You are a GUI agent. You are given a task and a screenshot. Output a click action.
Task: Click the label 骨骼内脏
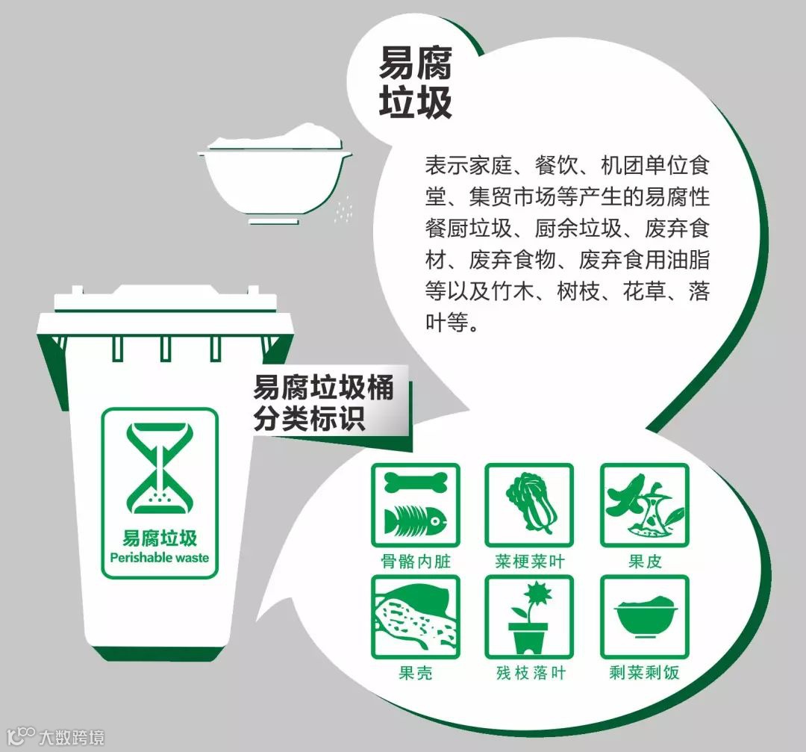(x=416, y=560)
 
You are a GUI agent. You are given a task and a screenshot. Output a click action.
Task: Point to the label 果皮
(x=645, y=560)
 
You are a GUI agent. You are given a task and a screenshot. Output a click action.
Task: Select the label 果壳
(x=416, y=672)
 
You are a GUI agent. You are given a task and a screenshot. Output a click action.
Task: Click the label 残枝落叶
(x=531, y=672)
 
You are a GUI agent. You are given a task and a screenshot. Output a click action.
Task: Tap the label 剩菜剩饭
(x=645, y=672)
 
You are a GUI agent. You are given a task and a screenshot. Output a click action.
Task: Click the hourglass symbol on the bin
(x=160, y=468)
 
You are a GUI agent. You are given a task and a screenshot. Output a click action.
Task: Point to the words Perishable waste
(x=160, y=558)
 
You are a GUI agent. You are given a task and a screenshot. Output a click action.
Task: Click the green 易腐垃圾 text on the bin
(x=160, y=538)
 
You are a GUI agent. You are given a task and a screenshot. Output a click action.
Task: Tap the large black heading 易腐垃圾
(x=416, y=82)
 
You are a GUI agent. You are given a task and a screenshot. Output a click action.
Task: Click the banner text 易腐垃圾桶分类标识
(x=323, y=403)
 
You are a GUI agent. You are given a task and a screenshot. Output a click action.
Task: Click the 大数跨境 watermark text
(x=72, y=737)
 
